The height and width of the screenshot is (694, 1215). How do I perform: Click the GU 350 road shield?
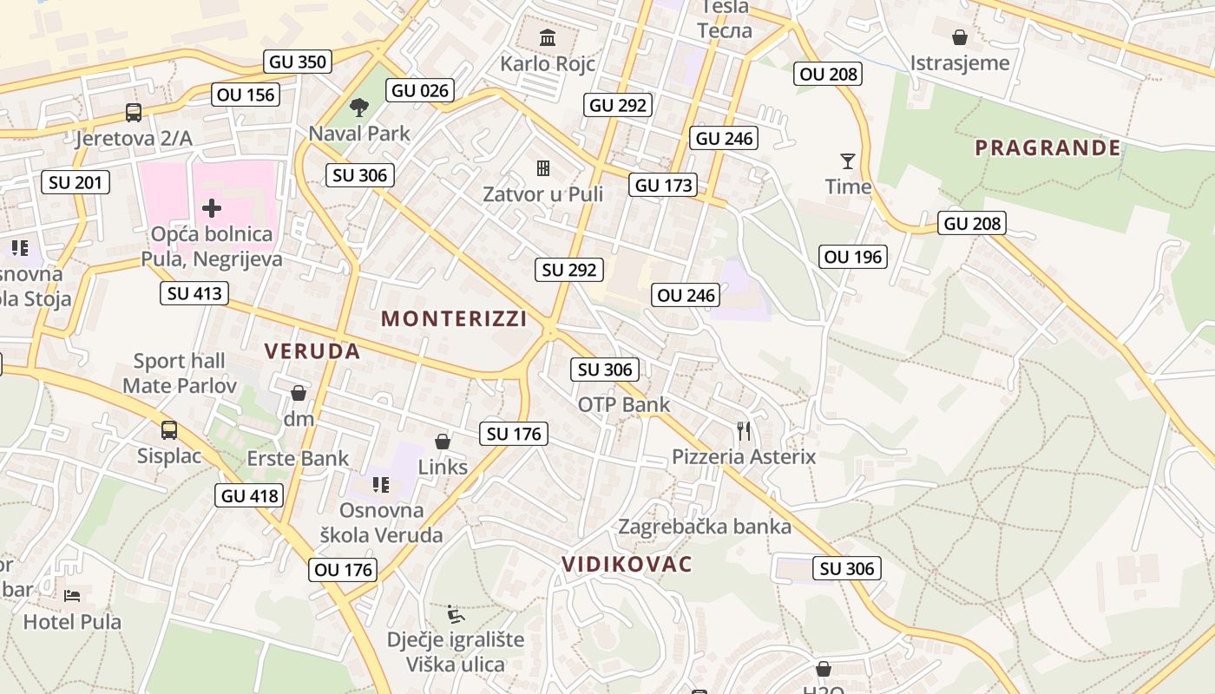[x=298, y=62]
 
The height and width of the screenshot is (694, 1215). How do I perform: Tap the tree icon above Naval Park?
[x=358, y=108]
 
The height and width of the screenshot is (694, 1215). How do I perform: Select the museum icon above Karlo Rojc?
[x=548, y=37]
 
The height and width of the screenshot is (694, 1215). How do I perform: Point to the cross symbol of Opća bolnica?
[x=212, y=207]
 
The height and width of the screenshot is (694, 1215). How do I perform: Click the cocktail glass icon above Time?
[x=848, y=160]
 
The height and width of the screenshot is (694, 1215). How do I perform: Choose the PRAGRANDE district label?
[x=1048, y=147]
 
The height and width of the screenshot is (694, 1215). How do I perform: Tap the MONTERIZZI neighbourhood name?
[x=454, y=318]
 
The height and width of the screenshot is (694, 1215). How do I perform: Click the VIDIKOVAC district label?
[x=627, y=564]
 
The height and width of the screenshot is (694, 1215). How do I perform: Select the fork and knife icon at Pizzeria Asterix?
[x=744, y=430]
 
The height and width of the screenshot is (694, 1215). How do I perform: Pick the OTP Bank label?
[x=624, y=404]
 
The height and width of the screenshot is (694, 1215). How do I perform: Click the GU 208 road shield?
[x=972, y=223]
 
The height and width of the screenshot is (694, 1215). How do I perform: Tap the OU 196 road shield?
[x=852, y=256]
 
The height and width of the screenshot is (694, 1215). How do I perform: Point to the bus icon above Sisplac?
[x=169, y=429]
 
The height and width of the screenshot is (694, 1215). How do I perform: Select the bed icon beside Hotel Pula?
[x=72, y=596]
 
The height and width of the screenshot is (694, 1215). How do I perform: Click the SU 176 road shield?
[x=514, y=434]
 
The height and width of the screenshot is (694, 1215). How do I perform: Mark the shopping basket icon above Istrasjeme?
[x=960, y=37]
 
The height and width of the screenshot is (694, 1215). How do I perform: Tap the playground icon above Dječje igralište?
[x=455, y=614]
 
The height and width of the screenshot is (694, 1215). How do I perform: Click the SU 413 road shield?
[x=194, y=293]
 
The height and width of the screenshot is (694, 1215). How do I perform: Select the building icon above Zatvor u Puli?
[x=543, y=167]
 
